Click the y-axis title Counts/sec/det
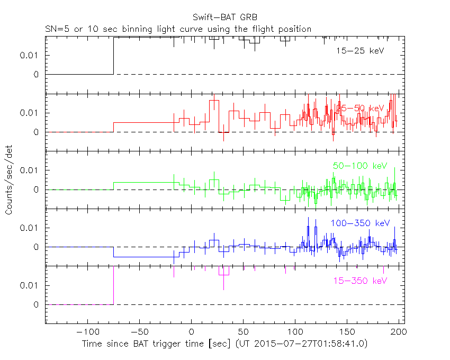tap(9, 180)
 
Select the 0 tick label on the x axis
tap(191, 331)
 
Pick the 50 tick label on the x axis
tap(243, 331)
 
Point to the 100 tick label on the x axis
tap(295, 331)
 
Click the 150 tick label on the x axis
tap(347, 331)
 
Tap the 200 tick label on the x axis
tap(398, 331)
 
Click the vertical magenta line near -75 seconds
tap(114, 286)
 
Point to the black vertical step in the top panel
tap(114, 56)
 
